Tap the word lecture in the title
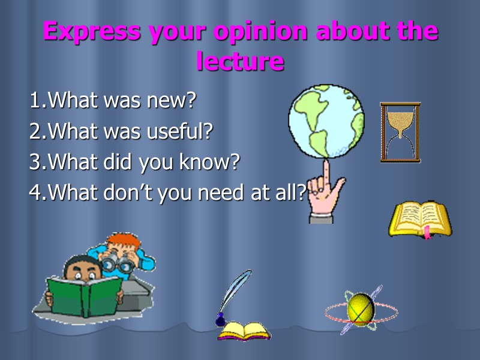[x=240, y=61]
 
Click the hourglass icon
[x=400, y=133]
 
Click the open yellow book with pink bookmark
[x=419, y=220]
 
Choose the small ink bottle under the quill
[x=220, y=320]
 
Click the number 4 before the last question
[x=34, y=193]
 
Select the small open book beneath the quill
[x=244, y=331]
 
